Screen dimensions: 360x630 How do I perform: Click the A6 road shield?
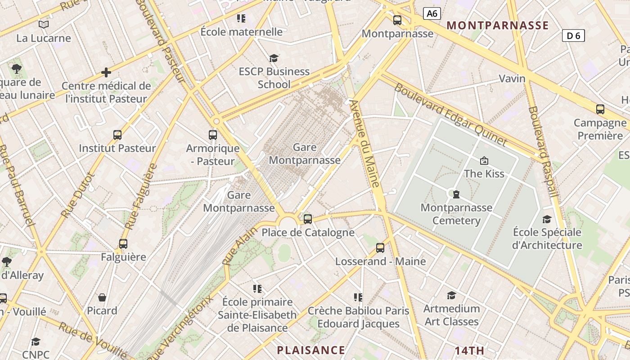pos(432,13)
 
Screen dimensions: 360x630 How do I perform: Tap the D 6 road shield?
pos(573,36)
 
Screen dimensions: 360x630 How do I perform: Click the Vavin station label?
pos(512,79)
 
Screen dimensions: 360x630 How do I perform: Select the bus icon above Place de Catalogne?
pos(308,219)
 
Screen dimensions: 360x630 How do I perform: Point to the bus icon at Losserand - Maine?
pos(380,248)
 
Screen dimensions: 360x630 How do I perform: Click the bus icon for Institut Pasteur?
pos(117,135)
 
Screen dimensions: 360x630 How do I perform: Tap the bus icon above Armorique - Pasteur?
pos(213,135)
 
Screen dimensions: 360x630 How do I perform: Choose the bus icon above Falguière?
pos(123,244)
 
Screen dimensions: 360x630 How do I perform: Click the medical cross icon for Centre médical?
pos(106,72)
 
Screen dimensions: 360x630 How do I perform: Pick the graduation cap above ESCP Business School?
pos(274,58)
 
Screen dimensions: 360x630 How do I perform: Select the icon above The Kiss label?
pos(484,160)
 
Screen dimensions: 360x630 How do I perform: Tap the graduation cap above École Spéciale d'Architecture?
pos(547,219)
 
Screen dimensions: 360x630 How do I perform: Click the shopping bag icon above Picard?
pos(102,297)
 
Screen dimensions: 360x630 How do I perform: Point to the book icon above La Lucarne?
pos(44,24)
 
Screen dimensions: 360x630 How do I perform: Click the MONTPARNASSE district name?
pos(498,25)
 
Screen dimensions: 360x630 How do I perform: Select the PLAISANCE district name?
pos(311,350)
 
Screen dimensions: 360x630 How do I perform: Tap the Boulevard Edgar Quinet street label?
pos(451,114)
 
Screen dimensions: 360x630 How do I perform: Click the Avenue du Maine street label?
pos(365,144)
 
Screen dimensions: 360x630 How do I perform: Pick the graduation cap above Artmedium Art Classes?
pos(451,295)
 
